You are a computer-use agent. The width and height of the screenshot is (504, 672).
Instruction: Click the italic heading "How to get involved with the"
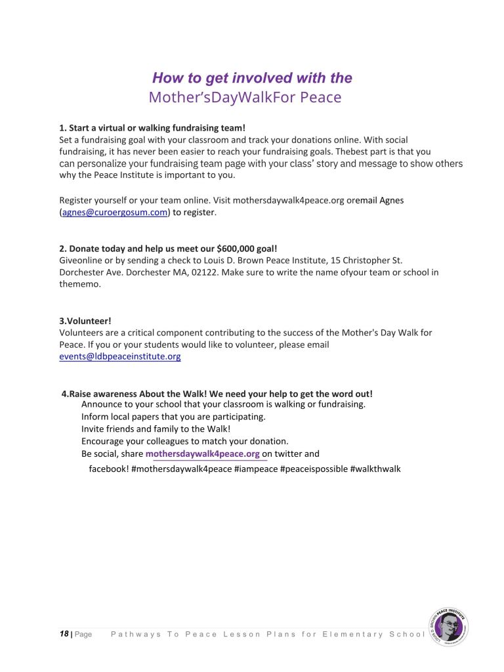[x=252, y=78]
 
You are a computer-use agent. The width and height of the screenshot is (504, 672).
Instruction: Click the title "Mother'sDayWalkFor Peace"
[x=245, y=98]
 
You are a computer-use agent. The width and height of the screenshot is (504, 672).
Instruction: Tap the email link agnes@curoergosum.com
[x=115, y=213]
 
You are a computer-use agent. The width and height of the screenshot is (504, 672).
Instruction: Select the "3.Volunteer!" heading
[x=85, y=321]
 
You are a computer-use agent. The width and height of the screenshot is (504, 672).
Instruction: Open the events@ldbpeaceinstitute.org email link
[x=120, y=356]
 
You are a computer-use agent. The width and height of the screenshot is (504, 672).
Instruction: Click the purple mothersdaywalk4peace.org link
[x=203, y=454]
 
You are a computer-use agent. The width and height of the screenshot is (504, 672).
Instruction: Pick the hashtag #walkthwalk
[x=375, y=469]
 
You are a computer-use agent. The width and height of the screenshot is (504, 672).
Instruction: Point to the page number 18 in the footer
[x=64, y=634]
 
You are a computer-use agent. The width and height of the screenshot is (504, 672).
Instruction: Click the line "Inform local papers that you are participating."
[x=173, y=417]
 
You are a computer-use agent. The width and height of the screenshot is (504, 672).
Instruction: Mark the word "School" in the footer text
[x=407, y=635]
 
